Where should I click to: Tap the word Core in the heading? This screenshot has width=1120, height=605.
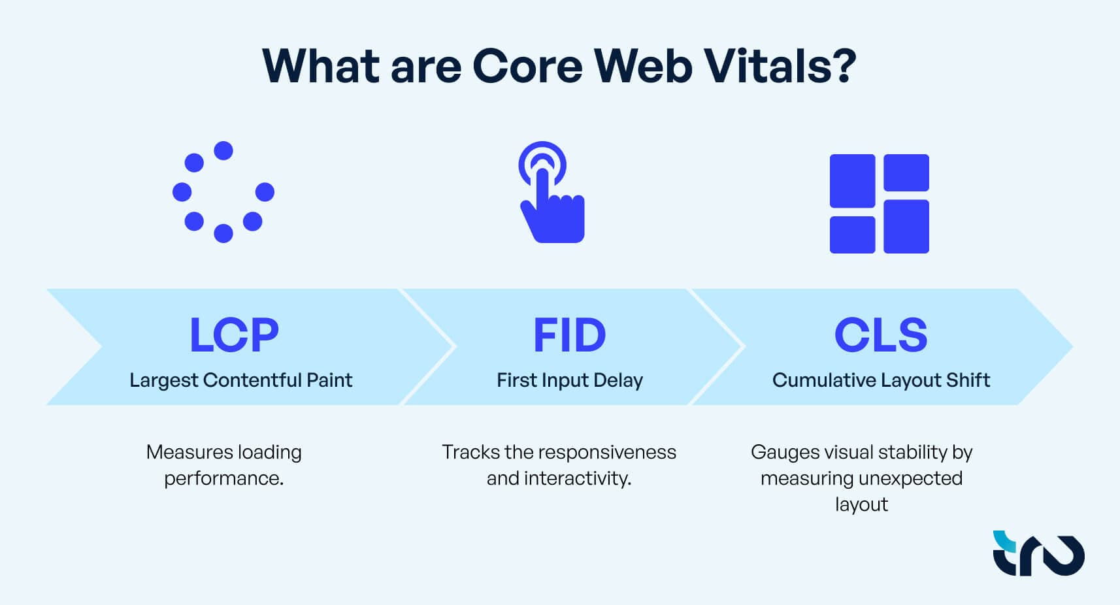click(x=527, y=66)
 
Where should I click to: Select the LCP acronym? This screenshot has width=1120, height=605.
click(x=234, y=335)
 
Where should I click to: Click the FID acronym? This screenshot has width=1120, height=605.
click(x=569, y=335)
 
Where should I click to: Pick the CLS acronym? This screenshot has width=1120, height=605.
click(x=881, y=335)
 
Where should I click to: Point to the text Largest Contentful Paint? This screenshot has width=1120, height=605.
click(x=240, y=380)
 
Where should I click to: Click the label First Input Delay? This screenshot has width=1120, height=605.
click(x=569, y=380)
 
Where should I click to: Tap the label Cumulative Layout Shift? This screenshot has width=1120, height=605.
click(x=881, y=380)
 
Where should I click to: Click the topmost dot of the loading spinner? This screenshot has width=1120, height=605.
click(x=223, y=151)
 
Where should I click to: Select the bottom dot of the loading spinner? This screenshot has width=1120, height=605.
click(x=223, y=233)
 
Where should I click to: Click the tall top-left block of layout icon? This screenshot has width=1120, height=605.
click(x=852, y=181)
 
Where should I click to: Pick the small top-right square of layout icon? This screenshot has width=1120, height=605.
click(x=906, y=172)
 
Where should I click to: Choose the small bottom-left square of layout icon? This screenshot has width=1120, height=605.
click(x=852, y=235)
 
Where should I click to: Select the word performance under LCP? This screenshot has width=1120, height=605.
click(x=223, y=478)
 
